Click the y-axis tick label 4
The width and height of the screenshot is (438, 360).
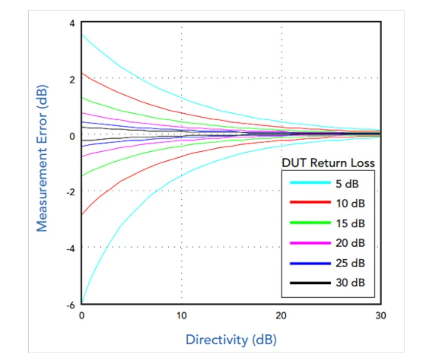[71, 23]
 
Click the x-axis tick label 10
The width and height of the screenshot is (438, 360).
[181, 315]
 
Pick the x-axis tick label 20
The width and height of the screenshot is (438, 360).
[282, 315]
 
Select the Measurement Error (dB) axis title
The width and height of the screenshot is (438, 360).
[42, 158]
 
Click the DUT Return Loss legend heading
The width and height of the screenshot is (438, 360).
[328, 163]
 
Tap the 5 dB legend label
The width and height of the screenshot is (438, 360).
[347, 184]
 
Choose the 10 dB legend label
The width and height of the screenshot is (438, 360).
[350, 204]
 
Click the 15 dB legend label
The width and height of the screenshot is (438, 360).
[350, 224]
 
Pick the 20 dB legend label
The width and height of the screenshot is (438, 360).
[350, 243]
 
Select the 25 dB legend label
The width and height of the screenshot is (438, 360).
[350, 263]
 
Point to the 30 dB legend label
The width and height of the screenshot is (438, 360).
[350, 283]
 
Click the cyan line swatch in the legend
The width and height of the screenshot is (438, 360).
[310, 183]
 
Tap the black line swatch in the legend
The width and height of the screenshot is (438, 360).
[310, 283]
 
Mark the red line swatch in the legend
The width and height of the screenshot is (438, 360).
[310, 203]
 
